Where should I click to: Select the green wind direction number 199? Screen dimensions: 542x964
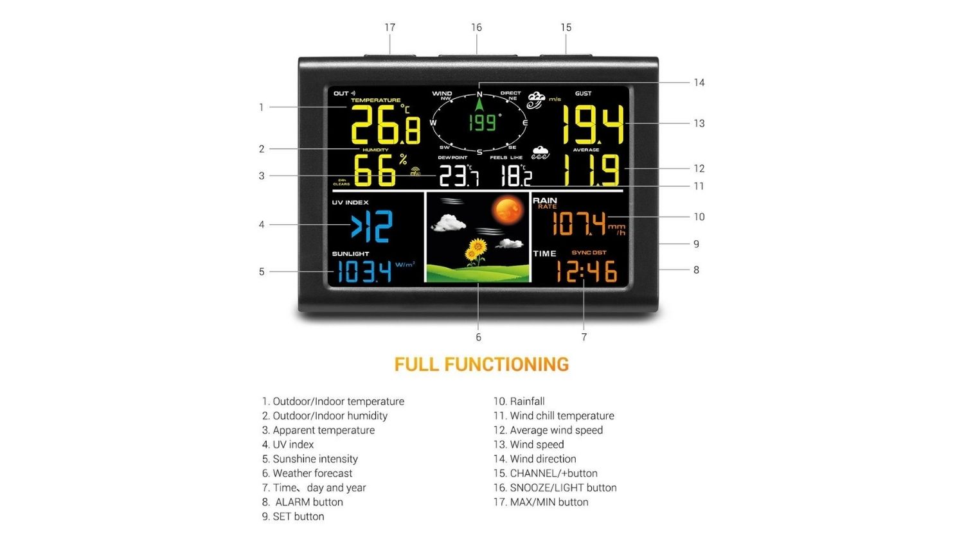point(482,123)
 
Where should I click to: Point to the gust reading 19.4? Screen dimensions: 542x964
point(593,125)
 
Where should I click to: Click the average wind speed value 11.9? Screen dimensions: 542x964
point(591,170)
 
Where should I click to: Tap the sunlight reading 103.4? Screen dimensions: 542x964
point(364,272)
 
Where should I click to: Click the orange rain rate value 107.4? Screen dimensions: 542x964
point(579,224)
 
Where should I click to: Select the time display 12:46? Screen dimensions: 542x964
point(586,271)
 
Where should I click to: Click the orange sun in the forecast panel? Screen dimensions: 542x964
point(508,211)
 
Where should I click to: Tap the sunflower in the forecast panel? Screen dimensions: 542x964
point(476,250)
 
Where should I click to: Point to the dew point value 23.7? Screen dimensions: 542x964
point(458,175)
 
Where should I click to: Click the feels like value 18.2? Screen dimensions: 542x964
point(516,175)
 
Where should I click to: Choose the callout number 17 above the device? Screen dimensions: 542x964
point(389,28)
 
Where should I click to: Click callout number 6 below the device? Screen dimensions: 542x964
point(478,337)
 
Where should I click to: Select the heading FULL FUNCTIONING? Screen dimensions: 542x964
point(481,365)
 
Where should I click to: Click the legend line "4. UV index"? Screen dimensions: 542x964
point(288,444)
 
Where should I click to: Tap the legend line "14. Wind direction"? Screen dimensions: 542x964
point(535,459)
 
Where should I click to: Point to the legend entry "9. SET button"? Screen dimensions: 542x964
point(293,516)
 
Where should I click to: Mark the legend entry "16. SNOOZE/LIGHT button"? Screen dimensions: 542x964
point(555,487)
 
